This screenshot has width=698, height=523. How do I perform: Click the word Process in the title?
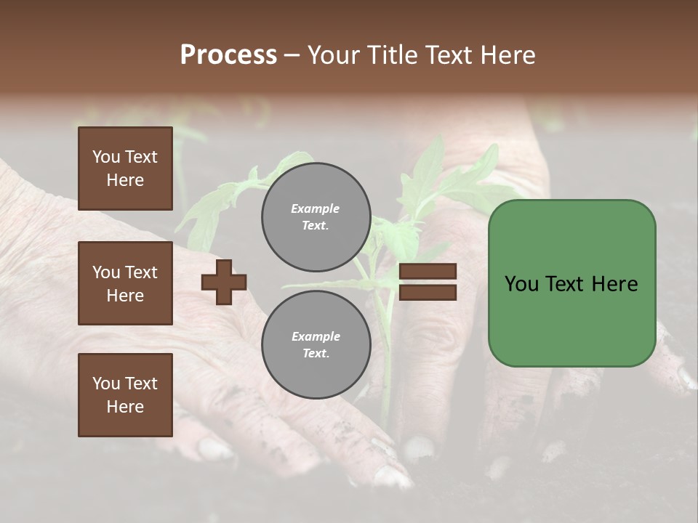coord(228,55)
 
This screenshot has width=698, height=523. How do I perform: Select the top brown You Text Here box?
coord(125,169)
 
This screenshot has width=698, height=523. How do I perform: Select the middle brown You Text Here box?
coord(125,283)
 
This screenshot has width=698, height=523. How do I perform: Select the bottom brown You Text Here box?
coord(125,395)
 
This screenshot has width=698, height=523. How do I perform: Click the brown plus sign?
coord(224,282)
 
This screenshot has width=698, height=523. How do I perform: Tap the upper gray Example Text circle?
coord(316,217)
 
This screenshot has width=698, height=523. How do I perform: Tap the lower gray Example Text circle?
coord(316,345)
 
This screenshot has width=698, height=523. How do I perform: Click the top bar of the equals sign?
coord(428,272)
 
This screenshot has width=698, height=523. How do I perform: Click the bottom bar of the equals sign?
coord(428,293)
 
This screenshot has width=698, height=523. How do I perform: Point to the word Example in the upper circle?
coord(316,208)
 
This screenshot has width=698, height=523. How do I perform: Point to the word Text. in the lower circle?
coord(316,354)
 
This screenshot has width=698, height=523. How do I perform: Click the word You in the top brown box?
coord(106,157)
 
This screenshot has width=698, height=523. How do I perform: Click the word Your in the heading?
coord(334,55)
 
